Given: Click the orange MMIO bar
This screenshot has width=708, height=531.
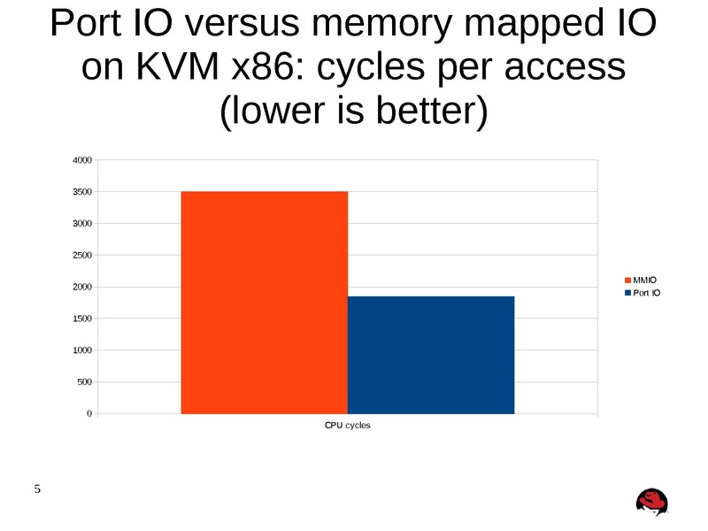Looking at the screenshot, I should coord(264,302).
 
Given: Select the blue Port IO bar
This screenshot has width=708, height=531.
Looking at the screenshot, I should coord(430,354).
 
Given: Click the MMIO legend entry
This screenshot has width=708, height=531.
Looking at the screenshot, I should coord(643,281).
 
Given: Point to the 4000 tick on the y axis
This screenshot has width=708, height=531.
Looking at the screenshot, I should coord(81,160).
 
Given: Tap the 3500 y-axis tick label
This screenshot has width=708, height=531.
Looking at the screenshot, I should coord(81,192).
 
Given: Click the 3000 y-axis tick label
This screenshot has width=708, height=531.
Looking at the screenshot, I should coord(81,224).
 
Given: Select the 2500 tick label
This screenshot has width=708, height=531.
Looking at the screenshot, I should coord(81,256).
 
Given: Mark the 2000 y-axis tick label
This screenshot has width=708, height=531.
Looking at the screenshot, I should coord(81,287).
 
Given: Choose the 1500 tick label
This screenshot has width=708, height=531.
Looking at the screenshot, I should coord(81,319).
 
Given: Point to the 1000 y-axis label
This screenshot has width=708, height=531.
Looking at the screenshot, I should coord(81,350).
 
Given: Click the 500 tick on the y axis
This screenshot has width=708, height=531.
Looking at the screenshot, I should coord(84,382).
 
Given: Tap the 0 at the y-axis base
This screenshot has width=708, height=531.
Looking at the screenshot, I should coord(89,414).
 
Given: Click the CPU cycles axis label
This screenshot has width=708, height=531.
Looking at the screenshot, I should coord(347,427).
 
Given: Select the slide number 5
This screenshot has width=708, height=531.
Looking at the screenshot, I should coord(37,489).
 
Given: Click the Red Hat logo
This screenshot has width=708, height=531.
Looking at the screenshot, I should coord(652,502).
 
